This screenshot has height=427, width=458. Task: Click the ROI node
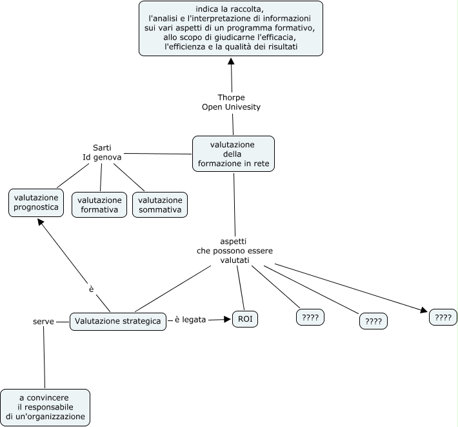click(x=245, y=319)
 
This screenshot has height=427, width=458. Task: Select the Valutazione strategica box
click(x=117, y=321)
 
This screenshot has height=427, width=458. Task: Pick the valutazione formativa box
click(x=99, y=205)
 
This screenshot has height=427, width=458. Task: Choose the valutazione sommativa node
click(x=160, y=205)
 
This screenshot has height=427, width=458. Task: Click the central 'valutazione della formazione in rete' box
click(x=234, y=154)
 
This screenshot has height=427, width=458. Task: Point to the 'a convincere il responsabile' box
click(x=45, y=407)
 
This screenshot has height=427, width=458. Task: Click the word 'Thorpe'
click(x=231, y=98)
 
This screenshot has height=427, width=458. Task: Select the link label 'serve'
click(x=43, y=321)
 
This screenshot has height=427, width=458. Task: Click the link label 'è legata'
click(x=190, y=319)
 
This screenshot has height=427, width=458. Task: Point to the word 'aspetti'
click(x=233, y=240)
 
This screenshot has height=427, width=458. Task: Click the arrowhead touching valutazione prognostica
click(x=40, y=221)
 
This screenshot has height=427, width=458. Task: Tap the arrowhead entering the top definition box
click(x=230, y=60)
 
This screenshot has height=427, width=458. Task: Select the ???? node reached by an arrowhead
click(x=443, y=317)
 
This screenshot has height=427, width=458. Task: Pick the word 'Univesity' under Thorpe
click(x=241, y=107)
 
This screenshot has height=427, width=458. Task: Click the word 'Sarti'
click(x=102, y=148)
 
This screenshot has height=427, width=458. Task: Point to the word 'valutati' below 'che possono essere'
click(x=233, y=260)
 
